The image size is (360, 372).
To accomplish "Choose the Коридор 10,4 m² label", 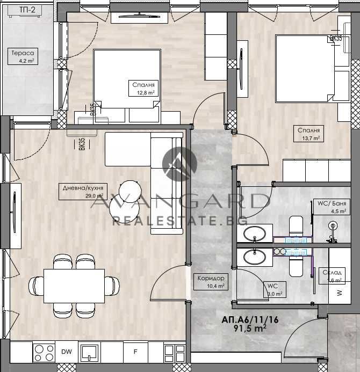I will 211,282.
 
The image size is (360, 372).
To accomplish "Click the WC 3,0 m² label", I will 275,290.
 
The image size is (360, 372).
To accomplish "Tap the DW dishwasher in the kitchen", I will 67,352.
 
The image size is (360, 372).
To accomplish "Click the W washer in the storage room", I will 339,293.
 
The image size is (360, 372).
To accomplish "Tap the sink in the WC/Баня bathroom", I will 254,234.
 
